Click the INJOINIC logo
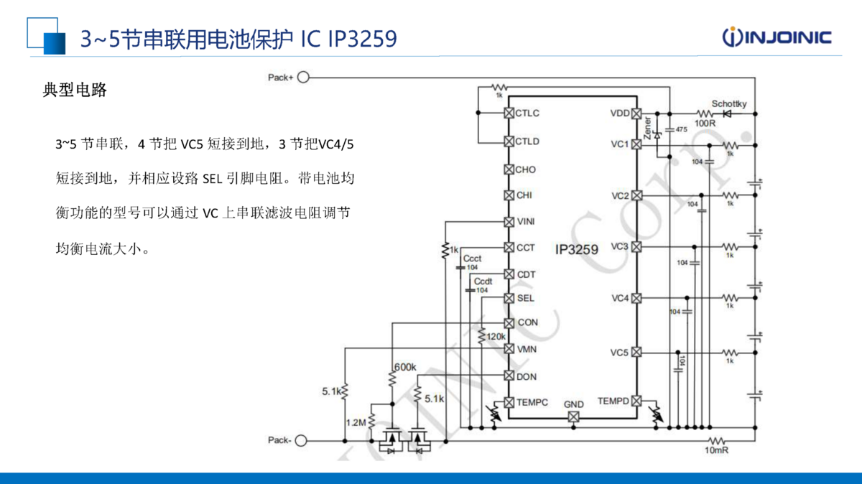(777, 37)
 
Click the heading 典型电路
(75, 90)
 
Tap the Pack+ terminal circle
(303, 77)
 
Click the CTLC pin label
(527, 113)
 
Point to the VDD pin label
(619, 113)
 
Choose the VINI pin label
(526, 221)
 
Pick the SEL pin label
(525, 298)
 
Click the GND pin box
(573, 416)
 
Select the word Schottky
(728, 104)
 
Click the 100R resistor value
(705, 124)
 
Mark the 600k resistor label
(404, 367)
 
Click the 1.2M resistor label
(356, 422)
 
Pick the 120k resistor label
(496, 336)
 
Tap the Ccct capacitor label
(472, 259)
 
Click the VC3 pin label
(619, 246)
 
